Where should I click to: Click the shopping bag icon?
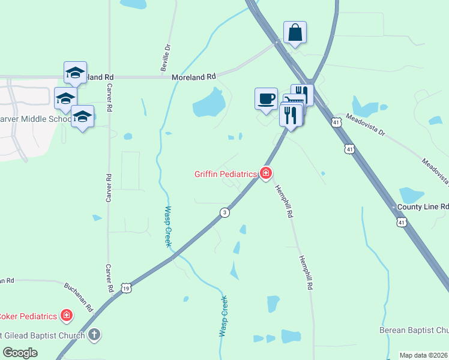coord(295,32)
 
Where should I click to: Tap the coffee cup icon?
coord(266,98)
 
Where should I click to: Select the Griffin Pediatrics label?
coord(225,175)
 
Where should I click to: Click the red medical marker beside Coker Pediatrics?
coord(66,316)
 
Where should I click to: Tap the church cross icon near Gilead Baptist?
coord(94,334)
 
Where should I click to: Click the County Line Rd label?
coord(423,206)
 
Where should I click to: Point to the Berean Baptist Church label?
coord(414,330)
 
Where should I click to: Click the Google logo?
coord(20,353)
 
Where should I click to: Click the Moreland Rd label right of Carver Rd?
coord(193,77)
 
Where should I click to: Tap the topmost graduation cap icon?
coord(76,73)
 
